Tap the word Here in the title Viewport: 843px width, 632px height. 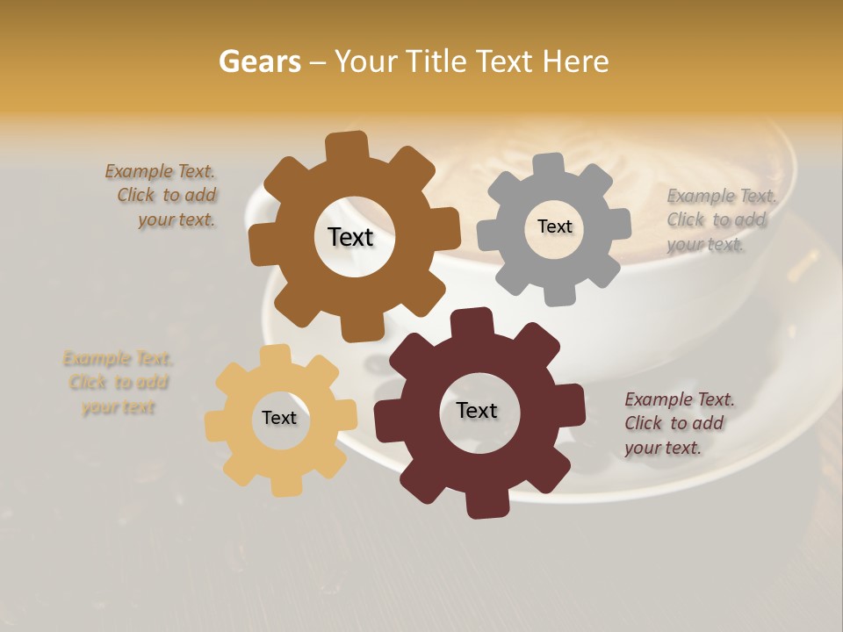[x=576, y=61]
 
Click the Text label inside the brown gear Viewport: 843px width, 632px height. [x=350, y=237]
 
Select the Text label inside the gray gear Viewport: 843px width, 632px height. [x=555, y=226]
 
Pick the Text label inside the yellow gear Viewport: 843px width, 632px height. [x=279, y=418]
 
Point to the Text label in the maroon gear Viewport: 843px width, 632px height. [x=477, y=410]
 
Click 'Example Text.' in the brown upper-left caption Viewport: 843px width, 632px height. [x=160, y=171]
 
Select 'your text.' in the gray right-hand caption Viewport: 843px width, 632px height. [x=705, y=245]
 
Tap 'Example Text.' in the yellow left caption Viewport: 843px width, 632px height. [x=119, y=358]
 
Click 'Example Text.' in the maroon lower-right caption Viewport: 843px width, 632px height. [x=680, y=399]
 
